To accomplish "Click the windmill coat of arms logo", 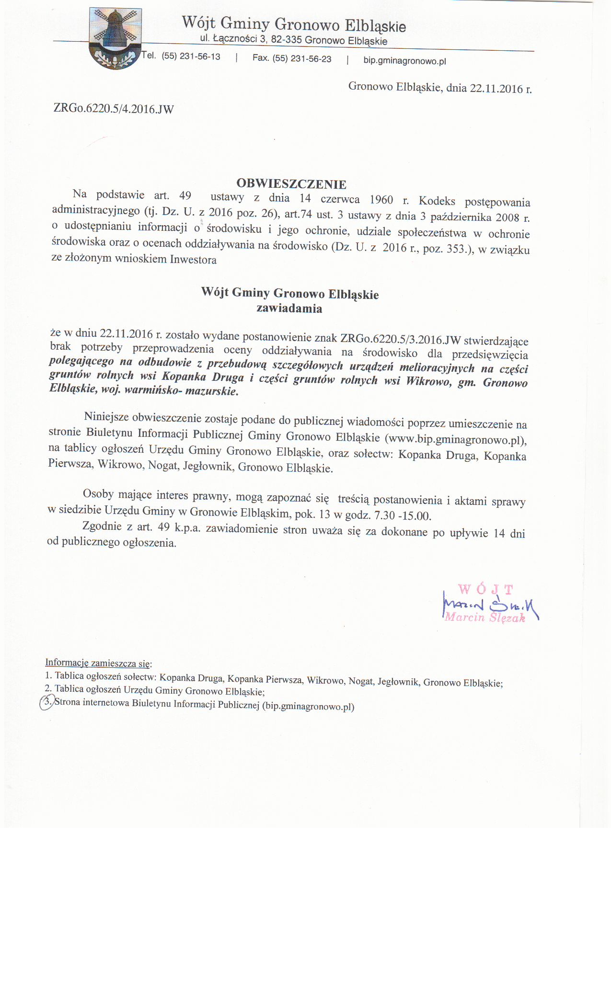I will tap(115, 38).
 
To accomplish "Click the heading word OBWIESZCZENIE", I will tap(291, 184).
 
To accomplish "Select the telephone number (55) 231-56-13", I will tap(191, 57).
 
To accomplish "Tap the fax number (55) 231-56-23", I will tap(302, 58).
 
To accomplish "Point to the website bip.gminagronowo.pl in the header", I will tap(404, 61).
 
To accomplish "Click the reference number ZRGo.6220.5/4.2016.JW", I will tap(114, 109).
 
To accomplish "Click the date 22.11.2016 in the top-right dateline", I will tap(496, 89).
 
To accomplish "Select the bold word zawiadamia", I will tap(289, 309).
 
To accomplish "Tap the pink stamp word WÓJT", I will tap(485, 589).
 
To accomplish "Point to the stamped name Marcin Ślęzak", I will tap(485, 617).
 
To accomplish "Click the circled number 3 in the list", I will tap(46, 702).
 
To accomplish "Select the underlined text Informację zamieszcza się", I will tap(98, 663).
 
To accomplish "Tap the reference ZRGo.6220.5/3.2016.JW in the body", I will tap(400, 339).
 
